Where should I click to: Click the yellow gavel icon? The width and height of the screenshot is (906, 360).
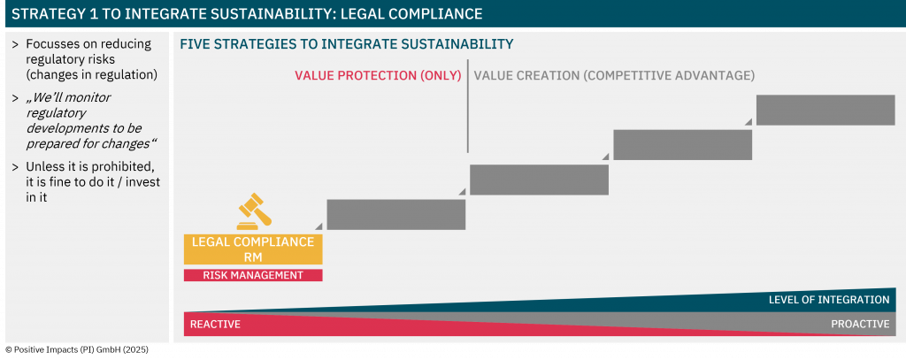coord(254,212)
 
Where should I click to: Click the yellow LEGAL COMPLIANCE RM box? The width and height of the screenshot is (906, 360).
coord(253,249)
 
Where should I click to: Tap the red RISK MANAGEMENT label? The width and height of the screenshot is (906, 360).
coord(253,275)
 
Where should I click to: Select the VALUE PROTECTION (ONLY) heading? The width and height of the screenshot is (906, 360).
coord(378,76)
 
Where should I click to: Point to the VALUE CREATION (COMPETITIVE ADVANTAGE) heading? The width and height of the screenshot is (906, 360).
coord(614,76)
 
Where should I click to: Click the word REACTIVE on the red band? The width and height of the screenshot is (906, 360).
coord(215,324)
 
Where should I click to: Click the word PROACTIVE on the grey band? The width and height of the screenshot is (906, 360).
coord(860,324)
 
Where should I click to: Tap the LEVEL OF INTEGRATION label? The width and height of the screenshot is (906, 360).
coord(829,300)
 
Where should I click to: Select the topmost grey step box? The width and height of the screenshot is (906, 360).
coord(825,110)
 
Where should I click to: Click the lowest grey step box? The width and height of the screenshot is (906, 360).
coord(396,214)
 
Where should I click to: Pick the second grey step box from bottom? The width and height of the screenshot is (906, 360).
coord(539,180)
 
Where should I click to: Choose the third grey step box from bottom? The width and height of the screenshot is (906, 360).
coord(683,144)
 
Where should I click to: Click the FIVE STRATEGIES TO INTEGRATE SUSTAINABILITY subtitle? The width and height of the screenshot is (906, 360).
coord(347,44)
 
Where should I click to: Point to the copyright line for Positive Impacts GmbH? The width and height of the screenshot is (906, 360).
coord(77,349)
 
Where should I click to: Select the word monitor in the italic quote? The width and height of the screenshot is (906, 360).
coord(90,97)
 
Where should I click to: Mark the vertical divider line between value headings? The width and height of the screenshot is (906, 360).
coord(467,106)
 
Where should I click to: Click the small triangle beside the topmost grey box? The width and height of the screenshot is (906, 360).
coord(749,121)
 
